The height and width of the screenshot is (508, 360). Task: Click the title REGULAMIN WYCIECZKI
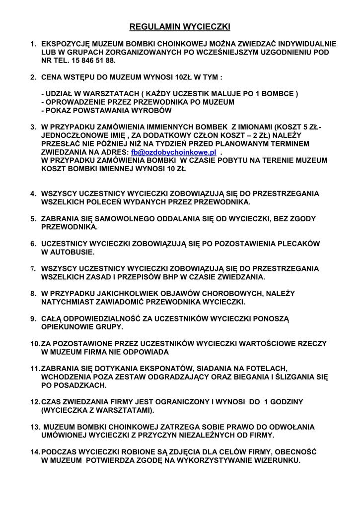point(180,26)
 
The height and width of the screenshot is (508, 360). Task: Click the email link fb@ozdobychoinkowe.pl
point(174,152)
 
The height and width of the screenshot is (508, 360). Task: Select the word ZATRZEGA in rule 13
point(172,427)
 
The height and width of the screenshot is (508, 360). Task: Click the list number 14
point(35,452)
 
